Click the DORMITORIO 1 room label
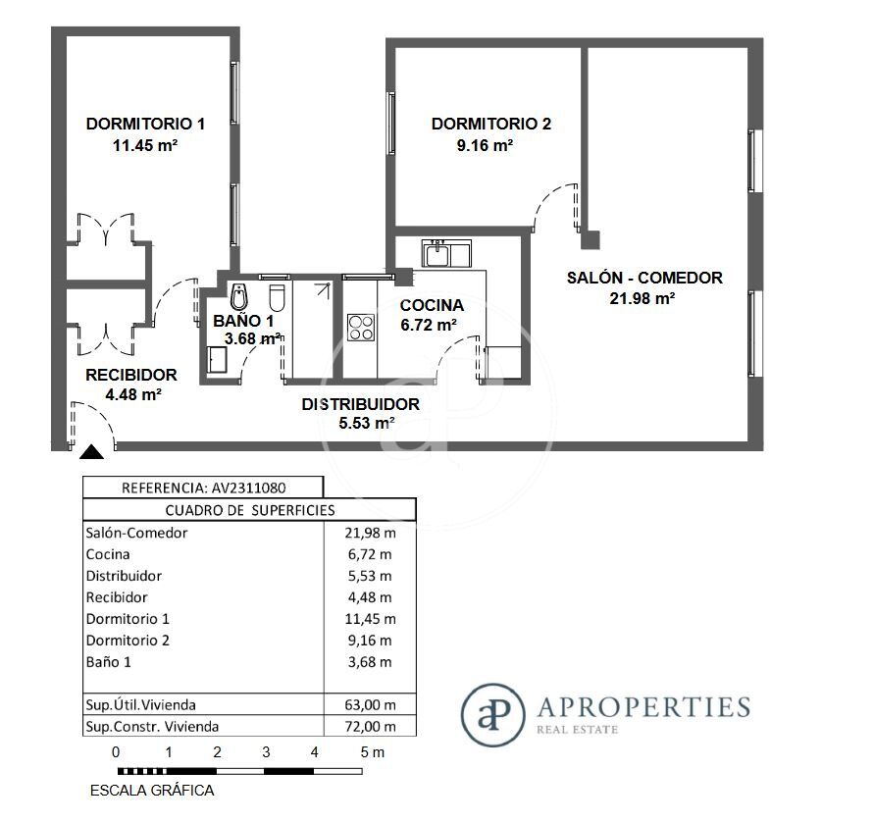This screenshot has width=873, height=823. pyautogui.click(x=145, y=124)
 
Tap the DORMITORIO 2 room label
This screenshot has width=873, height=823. pyautogui.click(x=491, y=124)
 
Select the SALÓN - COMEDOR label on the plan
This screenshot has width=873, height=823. pyautogui.click(x=644, y=278)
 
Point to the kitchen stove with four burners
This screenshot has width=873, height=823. pyautogui.click(x=361, y=328)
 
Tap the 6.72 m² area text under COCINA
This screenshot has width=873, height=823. pyautogui.click(x=429, y=325)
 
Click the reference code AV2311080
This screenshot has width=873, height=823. pyautogui.click(x=248, y=489)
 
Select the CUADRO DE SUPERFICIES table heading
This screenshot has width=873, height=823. pyautogui.click(x=250, y=511)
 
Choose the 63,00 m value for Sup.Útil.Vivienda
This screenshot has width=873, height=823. pyautogui.click(x=370, y=705)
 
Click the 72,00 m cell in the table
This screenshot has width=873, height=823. pyautogui.click(x=370, y=727)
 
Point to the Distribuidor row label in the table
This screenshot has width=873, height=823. pyautogui.click(x=124, y=576)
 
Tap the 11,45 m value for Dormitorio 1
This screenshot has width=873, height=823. pyautogui.click(x=370, y=619)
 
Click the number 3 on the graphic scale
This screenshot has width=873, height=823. pyautogui.click(x=266, y=752)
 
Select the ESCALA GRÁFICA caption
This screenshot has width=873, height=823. pyautogui.click(x=152, y=791)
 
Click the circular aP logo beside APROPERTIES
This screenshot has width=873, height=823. pyautogui.click(x=493, y=715)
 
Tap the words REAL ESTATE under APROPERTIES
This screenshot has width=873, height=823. pyautogui.click(x=577, y=730)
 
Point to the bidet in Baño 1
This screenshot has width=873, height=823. pyautogui.click(x=239, y=297)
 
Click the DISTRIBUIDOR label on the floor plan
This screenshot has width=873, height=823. pyautogui.click(x=360, y=404)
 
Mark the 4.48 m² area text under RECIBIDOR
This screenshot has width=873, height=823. pyautogui.click(x=133, y=394)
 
